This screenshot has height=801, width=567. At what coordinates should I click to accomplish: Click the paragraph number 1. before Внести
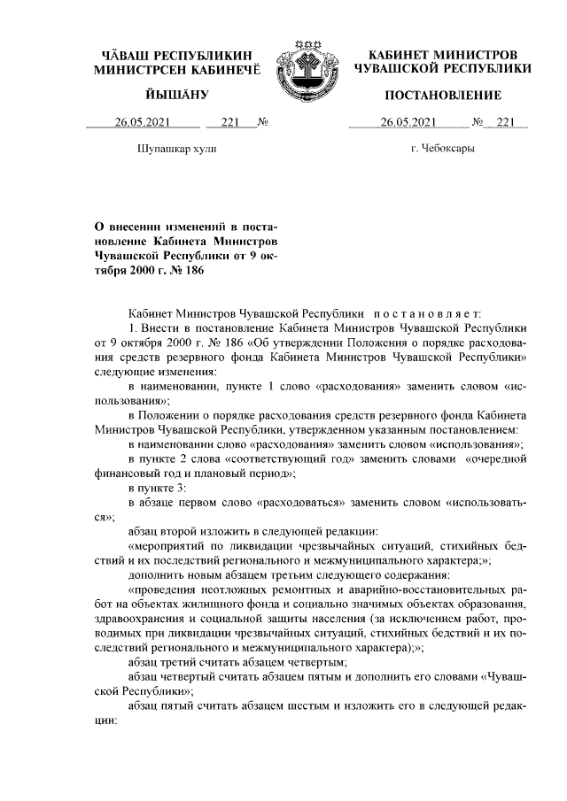(x=133, y=327)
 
